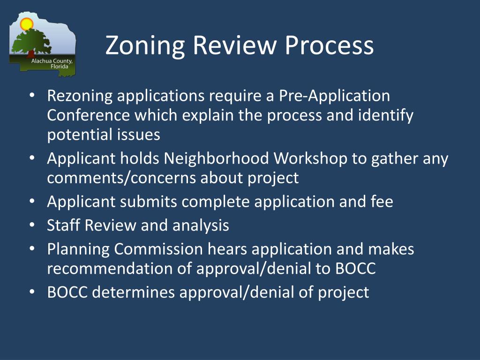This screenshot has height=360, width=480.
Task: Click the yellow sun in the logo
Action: point(27,23)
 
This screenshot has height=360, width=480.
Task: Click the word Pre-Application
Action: point(334,96)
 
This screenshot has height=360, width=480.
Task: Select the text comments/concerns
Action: point(121,179)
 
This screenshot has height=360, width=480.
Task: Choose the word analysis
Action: point(201,225)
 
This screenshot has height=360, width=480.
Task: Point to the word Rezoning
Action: point(80,96)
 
